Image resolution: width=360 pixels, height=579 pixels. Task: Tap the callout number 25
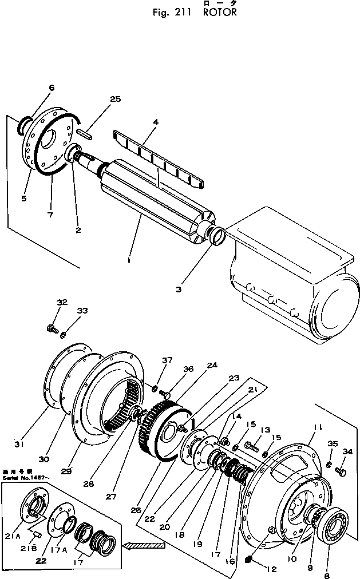pyautogui.click(x=115, y=99)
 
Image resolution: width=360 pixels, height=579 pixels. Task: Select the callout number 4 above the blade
pyautogui.click(x=155, y=121)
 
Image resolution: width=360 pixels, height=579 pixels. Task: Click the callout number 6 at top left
pyautogui.click(x=52, y=88)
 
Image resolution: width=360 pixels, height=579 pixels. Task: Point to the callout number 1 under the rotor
pyautogui.click(x=129, y=260)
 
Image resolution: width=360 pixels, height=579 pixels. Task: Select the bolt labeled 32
pyautogui.click(x=51, y=328)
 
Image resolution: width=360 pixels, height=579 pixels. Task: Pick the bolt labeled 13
pyautogui.click(x=251, y=444)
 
